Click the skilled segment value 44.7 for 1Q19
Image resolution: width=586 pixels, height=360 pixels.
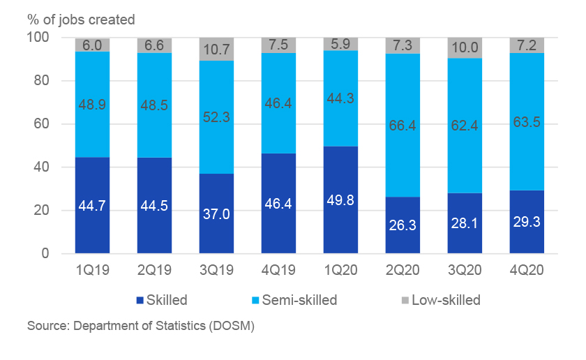[92, 204]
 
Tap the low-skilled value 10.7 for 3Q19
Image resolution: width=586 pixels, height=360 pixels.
[216, 50]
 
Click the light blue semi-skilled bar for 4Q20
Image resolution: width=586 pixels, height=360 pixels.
[527, 122]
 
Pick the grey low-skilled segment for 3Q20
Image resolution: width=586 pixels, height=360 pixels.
[465, 47]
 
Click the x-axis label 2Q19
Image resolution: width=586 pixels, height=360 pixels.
[154, 270]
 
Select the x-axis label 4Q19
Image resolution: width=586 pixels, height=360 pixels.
[278, 270]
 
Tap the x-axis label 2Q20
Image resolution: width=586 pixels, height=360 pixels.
[403, 270]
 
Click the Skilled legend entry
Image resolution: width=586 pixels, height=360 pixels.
[162, 301]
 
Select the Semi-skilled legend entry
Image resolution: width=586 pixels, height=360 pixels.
[294, 301]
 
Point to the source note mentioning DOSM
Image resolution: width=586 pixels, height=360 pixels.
[140, 326]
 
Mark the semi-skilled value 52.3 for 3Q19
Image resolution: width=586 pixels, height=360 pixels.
[216, 119]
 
